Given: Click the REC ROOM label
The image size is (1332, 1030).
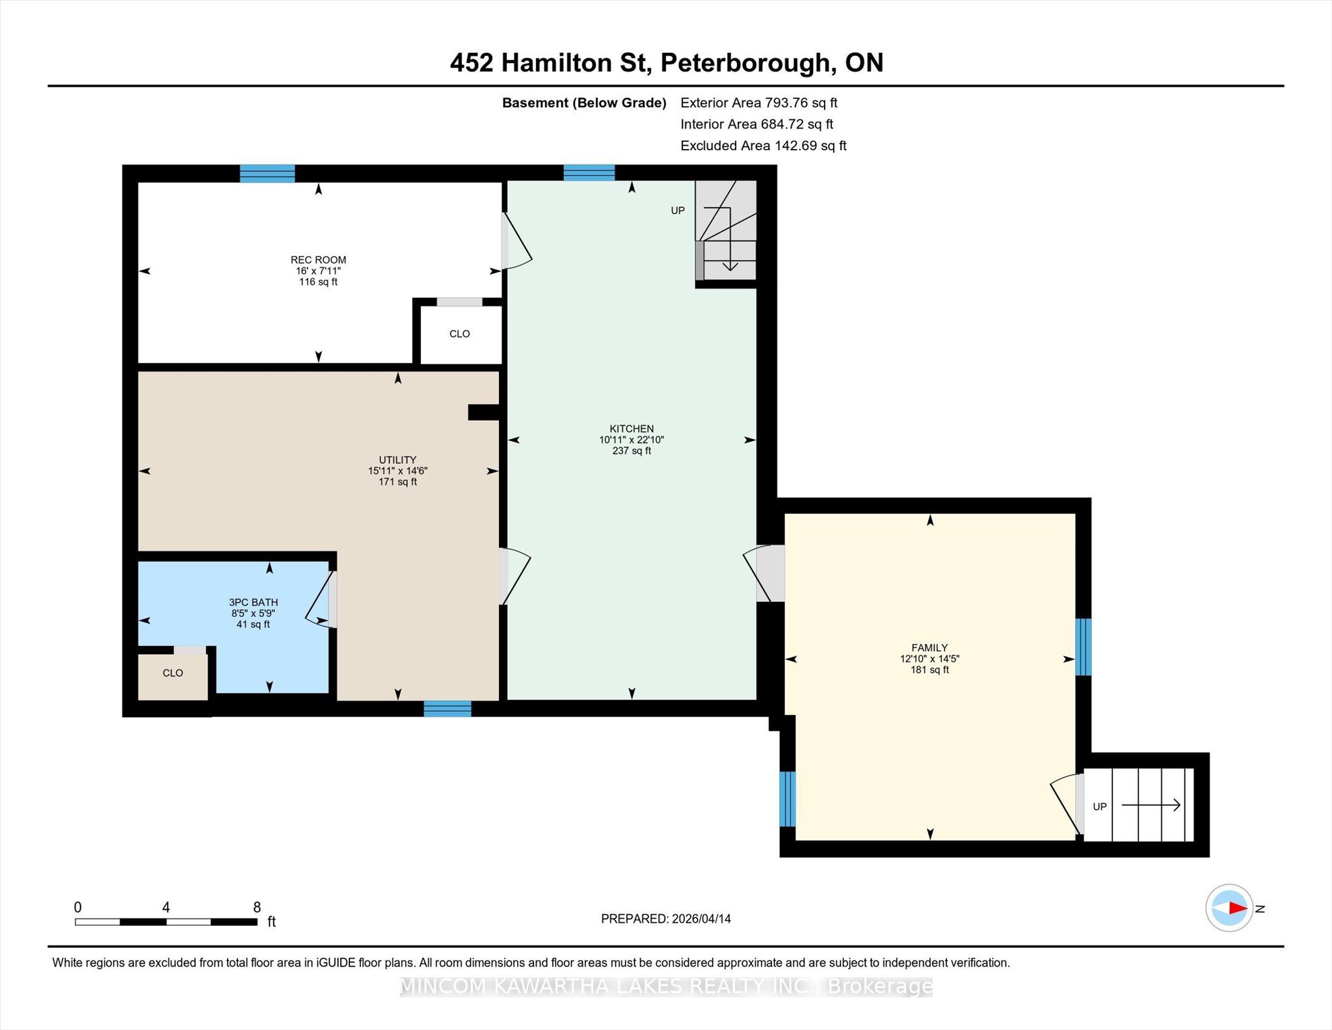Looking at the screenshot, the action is click(x=318, y=260).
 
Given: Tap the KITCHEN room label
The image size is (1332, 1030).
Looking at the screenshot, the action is click(x=632, y=429).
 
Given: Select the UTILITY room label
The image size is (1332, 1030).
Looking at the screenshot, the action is click(x=397, y=460).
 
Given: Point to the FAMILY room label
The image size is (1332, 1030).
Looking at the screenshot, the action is click(x=929, y=648).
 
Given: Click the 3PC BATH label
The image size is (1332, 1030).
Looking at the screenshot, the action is click(x=253, y=603).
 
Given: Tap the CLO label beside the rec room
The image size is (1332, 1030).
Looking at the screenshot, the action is click(x=459, y=334).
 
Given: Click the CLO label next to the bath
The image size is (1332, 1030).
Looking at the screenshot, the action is click(x=172, y=673).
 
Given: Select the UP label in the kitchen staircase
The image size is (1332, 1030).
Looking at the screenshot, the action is click(x=678, y=211).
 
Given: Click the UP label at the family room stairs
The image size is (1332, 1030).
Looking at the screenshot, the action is click(x=1099, y=807).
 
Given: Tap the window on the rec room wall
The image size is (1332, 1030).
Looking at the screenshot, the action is click(x=267, y=174).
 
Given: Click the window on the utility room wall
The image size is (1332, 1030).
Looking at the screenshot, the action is click(x=447, y=709).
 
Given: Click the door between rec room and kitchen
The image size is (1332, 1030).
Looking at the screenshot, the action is click(x=517, y=241).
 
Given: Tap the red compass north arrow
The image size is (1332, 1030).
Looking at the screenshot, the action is click(x=1238, y=908).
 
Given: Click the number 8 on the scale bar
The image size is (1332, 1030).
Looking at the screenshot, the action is click(x=257, y=907).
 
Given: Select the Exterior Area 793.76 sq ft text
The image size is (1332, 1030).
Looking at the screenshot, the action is click(x=758, y=103).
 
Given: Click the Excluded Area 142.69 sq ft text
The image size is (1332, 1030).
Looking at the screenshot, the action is click(x=763, y=146).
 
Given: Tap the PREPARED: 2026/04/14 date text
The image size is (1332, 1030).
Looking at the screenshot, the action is click(x=666, y=919).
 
